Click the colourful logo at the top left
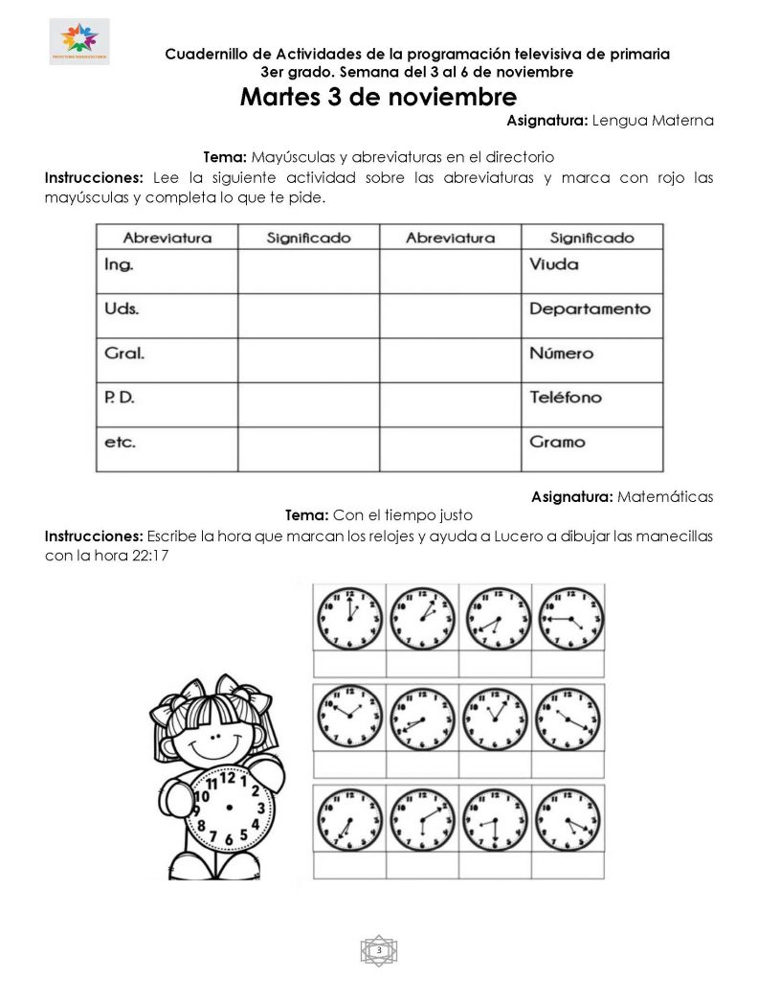[x=79, y=41]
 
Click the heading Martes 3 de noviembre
[x=378, y=98]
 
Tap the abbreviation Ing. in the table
[x=119, y=264]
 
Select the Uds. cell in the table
[x=122, y=308]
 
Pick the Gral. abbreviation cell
[x=124, y=354]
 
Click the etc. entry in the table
[x=120, y=443]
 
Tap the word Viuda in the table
[x=554, y=264]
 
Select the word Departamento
[x=590, y=308]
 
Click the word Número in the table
[x=562, y=354]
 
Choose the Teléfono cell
[x=566, y=398]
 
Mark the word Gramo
[x=557, y=443]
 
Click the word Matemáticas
[x=665, y=496]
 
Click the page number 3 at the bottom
[x=379, y=949]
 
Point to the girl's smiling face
[x=212, y=739]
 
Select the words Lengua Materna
[x=653, y=122]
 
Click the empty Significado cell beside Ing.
[x=308, y=271]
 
